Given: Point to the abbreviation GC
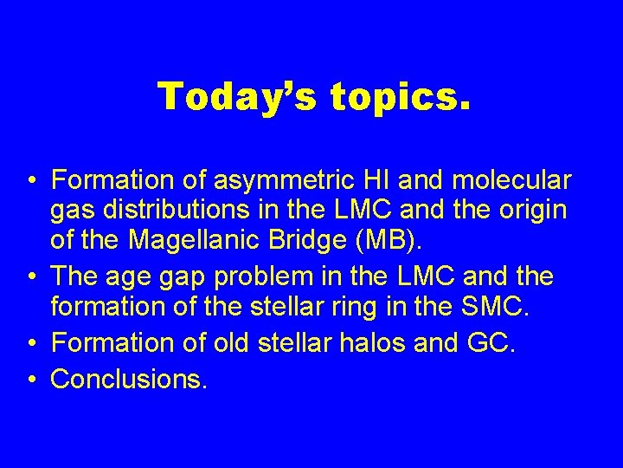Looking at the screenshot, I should pos(491,344).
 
